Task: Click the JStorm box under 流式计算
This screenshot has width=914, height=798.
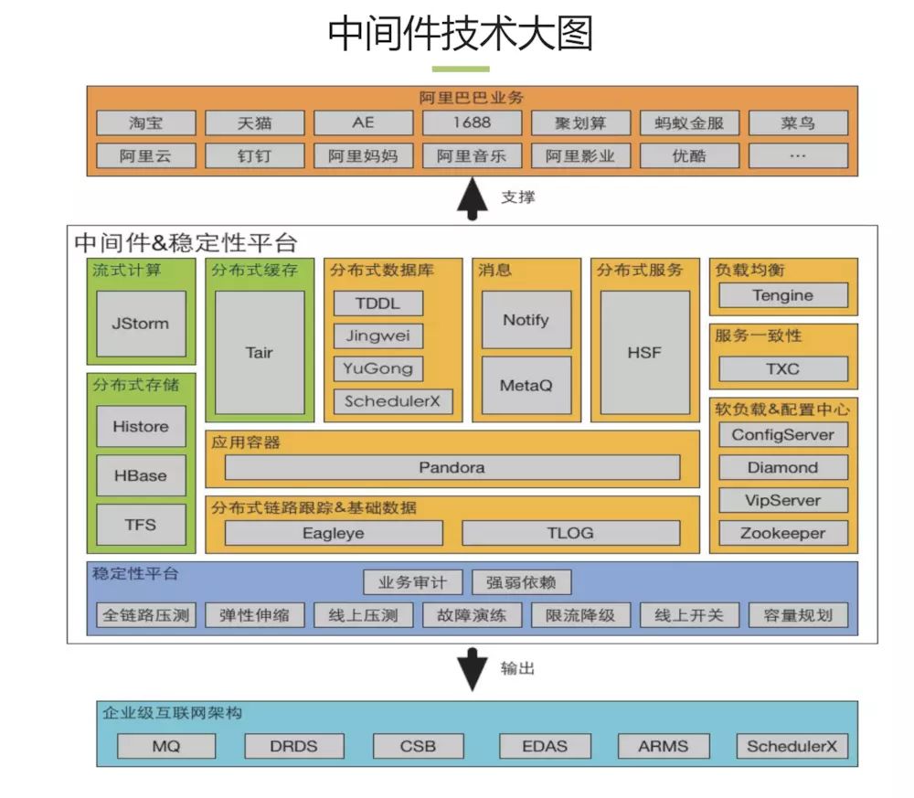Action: click(x=141, y=324)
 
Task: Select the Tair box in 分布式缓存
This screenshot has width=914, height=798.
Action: click(x=260, y=352)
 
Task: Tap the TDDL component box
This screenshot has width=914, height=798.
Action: click(x=378, y=303)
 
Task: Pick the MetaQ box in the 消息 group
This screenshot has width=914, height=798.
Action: click(x=526, y=385)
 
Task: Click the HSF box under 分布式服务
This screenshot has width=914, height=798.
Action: click(x=644, y=352)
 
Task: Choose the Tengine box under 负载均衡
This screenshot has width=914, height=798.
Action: click(x=783, y=295)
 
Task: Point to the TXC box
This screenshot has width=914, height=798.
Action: click(x=783, y=369)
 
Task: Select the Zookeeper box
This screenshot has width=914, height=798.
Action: click(x=783, y=533)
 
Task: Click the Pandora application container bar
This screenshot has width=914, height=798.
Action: click(x=452, y=467)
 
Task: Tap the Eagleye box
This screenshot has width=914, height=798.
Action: click(x=334, y=533)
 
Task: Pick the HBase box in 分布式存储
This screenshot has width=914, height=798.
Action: click(x=141, y=475)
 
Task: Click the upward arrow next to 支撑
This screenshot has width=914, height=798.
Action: click(x=473, y=199)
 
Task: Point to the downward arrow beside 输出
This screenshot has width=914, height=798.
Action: click(x=473, y=669)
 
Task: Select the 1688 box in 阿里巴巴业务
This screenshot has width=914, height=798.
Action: click(x=472, y=122)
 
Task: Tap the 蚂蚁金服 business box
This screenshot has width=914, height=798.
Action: click(x=689, y=122)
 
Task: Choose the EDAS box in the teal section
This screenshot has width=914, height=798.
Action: click(x=545, y=746)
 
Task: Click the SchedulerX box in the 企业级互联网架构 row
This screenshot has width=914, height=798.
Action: click(x=792, y=746)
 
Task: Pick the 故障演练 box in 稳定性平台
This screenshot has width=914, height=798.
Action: click(x=472, y=615)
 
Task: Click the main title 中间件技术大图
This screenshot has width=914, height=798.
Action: click(x=461, y=34)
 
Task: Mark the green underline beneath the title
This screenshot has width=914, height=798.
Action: click(x=461, y=69)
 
